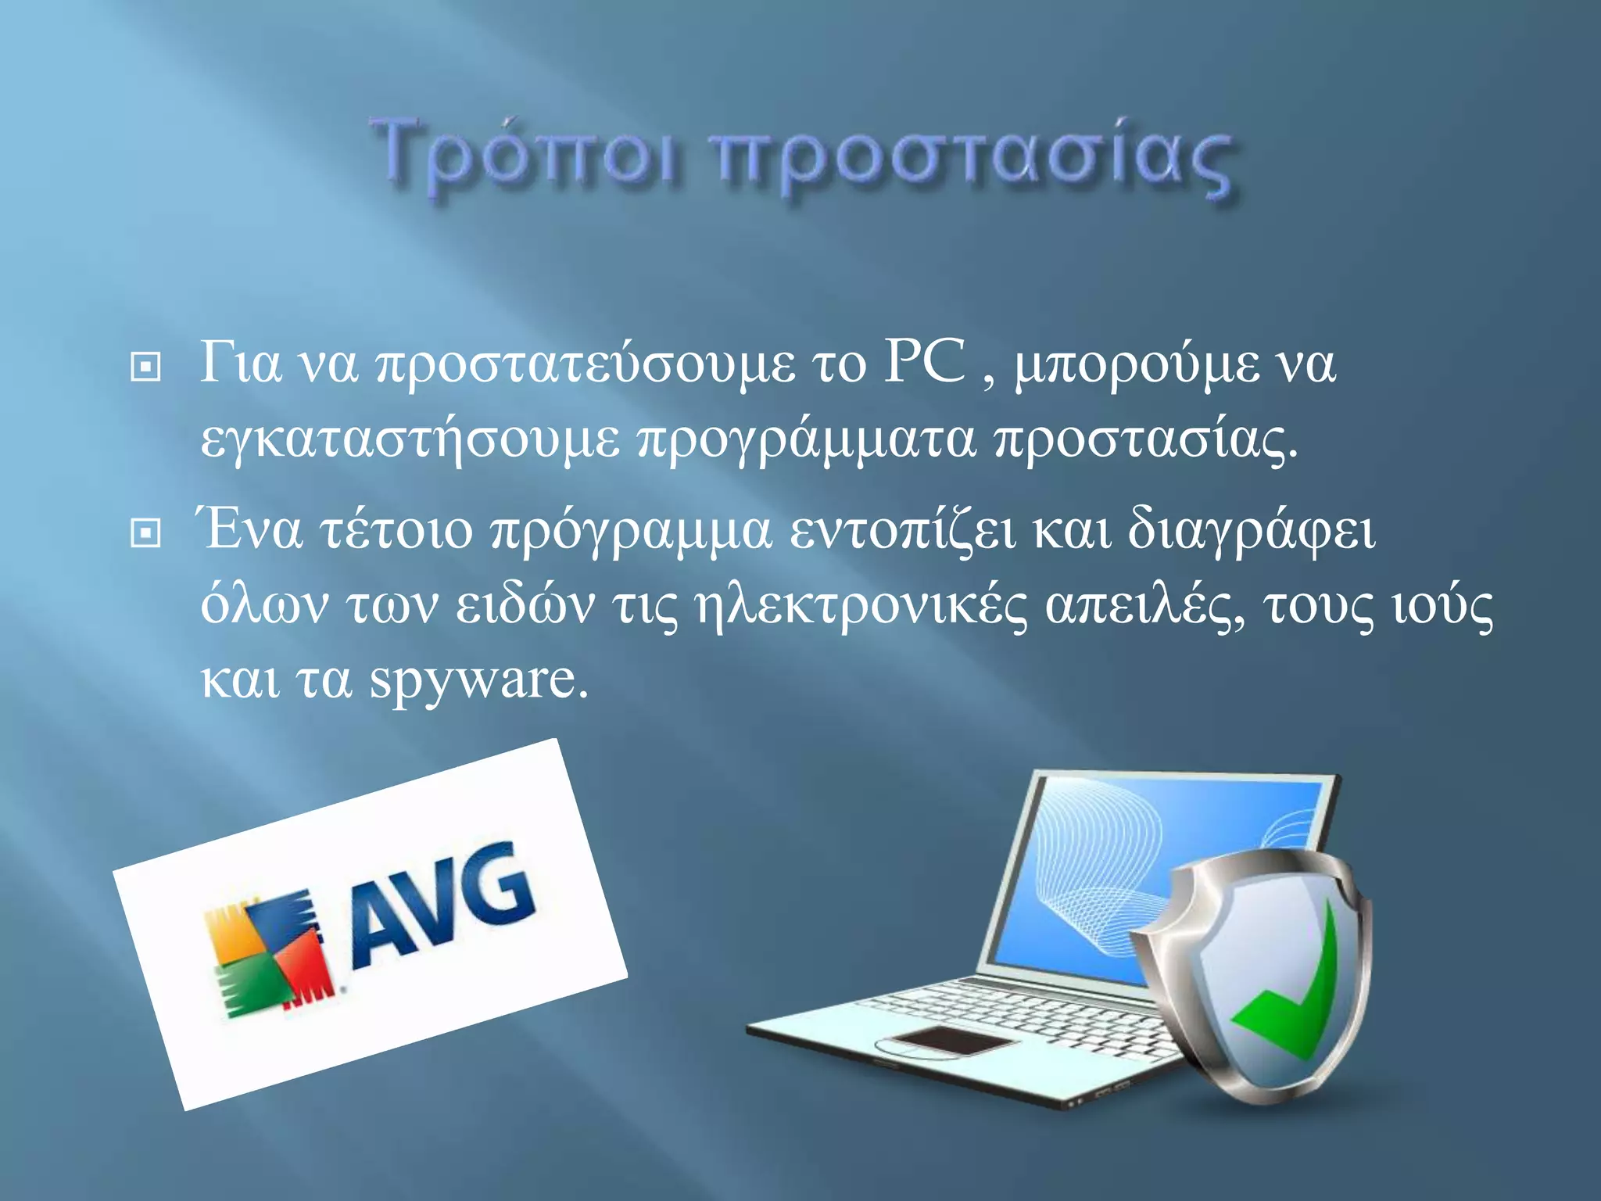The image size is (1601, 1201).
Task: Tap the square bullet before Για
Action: point(145,366)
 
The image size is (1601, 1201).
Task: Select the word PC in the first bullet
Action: point(924,363)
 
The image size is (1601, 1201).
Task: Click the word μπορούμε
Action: point(1137,366)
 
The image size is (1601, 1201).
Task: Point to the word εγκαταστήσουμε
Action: point(410,440)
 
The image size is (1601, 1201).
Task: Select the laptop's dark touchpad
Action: point(949,1041)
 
